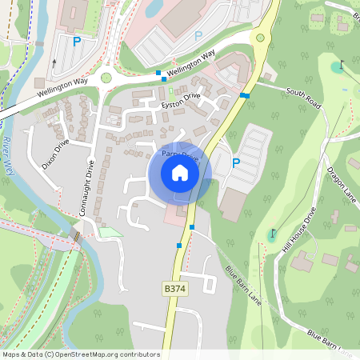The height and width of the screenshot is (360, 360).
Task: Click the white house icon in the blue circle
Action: pos(180,173)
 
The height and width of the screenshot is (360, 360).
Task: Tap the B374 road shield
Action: pos(174,288)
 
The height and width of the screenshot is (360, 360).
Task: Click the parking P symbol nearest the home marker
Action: pos(235,162)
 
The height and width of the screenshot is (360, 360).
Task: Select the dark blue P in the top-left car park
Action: pos(78,41)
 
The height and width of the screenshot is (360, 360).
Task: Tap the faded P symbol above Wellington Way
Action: pos(198,34)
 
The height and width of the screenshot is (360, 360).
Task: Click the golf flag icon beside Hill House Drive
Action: pos(273,234)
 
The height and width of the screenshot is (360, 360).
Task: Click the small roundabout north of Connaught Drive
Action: pos(106,78)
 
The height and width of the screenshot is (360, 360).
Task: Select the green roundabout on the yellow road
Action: pos(258,37)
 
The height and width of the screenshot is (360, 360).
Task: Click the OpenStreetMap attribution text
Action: pos(80,354)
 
